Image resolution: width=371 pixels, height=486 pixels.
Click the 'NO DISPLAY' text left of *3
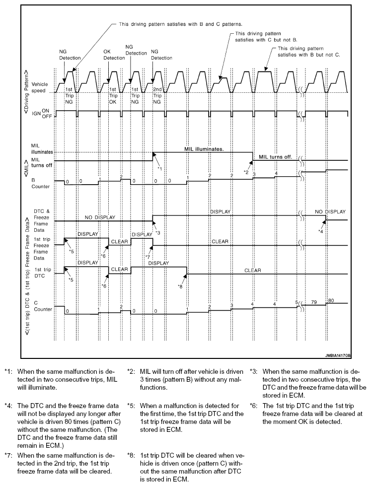coord(100,217)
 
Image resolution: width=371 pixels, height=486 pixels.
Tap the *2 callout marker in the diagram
coord(246,171)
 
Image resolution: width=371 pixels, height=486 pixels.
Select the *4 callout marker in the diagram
coord(321,231)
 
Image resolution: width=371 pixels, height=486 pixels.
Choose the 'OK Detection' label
coord(110,54)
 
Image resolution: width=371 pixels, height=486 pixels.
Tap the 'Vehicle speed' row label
coord(40,88)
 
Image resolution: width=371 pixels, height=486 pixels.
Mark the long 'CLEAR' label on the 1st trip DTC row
coord(253,271)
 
